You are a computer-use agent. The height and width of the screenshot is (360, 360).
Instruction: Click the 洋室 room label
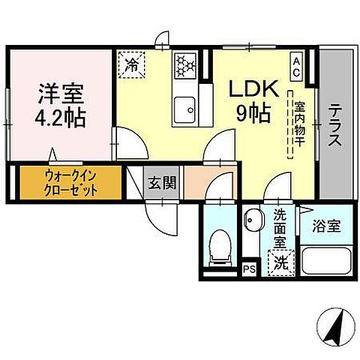click(x=62, y=95)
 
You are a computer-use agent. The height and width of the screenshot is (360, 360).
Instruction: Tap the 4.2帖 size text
click(x=62, y=117)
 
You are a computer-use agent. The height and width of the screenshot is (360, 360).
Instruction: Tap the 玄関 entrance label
click(x=160, y=181)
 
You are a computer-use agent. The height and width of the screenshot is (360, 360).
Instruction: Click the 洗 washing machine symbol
click(x=280, y=262)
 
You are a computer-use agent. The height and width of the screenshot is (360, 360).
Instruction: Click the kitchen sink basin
click(x=184, y=112)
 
